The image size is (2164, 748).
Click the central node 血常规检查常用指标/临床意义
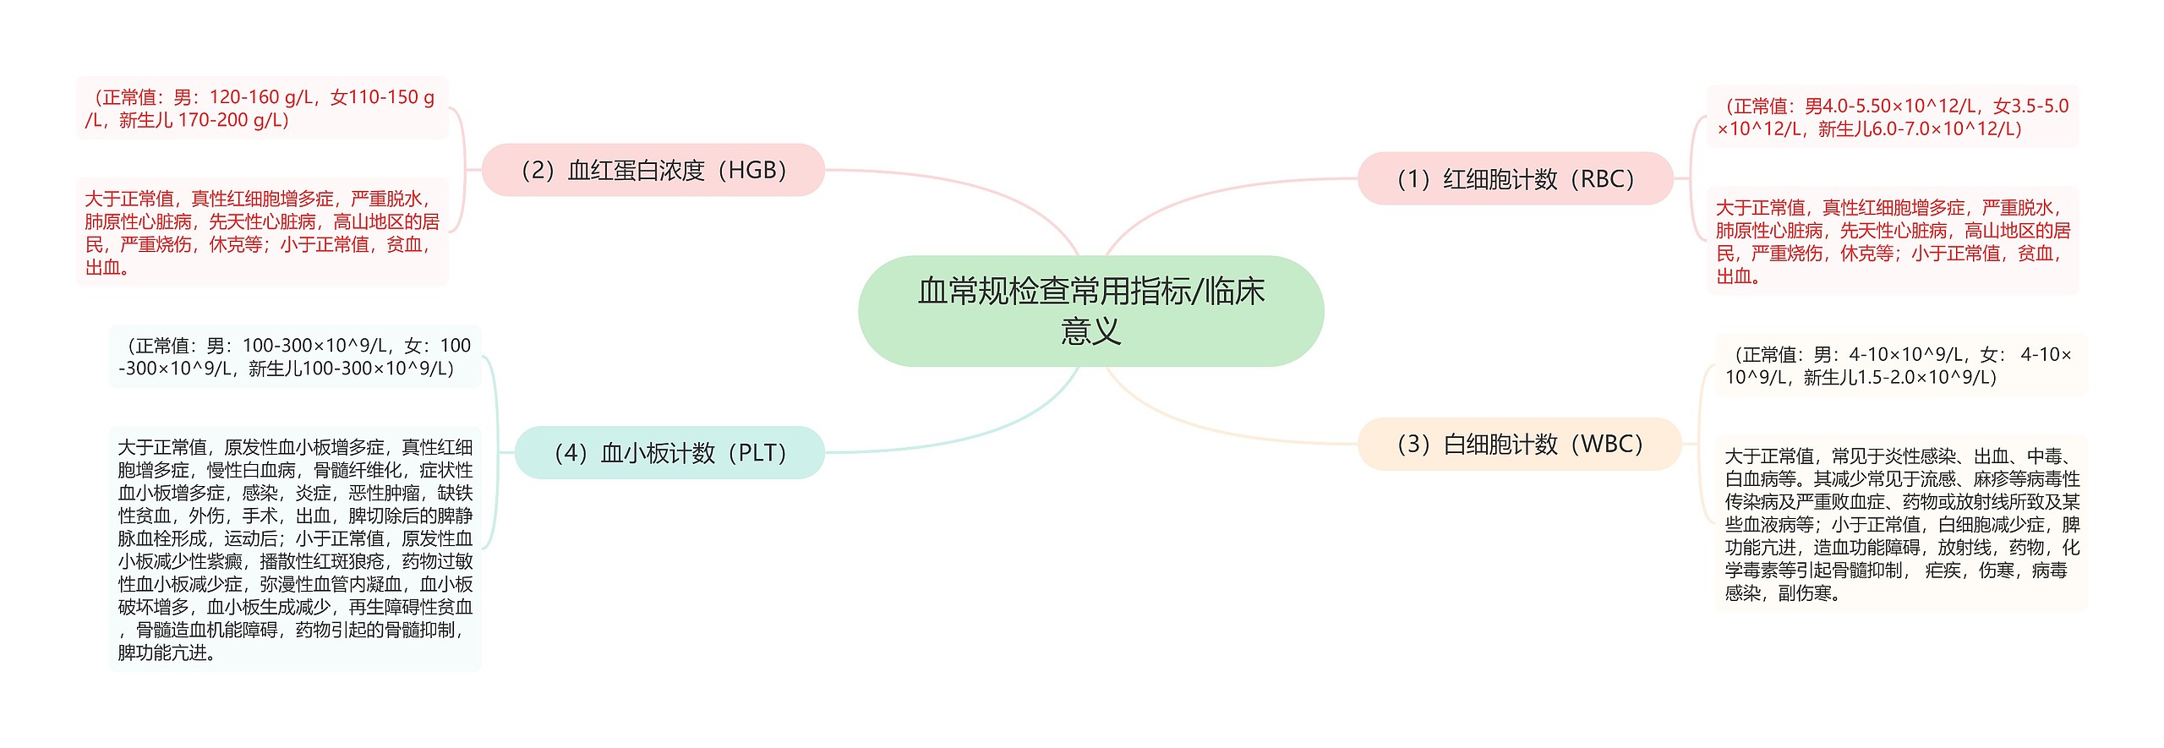(1090, 310)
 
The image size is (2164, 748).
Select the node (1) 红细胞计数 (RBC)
(1515, 178)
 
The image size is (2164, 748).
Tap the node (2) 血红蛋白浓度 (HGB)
(653, 170)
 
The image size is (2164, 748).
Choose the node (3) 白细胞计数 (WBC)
(1519, 444)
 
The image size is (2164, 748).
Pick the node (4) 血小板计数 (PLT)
(669, 453)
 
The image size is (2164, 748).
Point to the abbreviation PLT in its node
(762, 453)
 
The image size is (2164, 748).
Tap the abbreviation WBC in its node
(1610, 444)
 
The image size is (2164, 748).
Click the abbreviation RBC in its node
(1606, 178)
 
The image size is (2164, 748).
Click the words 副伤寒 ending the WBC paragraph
(1805, 593)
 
